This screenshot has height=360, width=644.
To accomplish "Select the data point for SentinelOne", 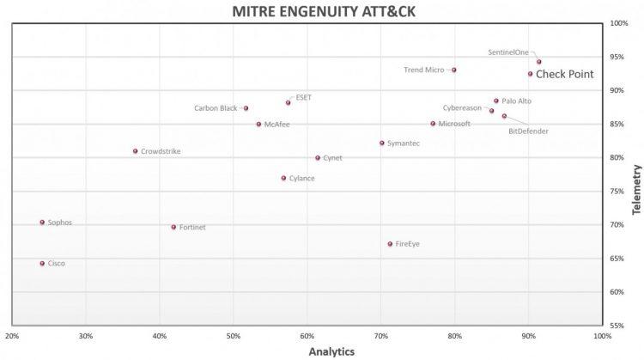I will (x=539, y=62).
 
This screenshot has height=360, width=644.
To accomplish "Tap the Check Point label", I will (x=564, y=75).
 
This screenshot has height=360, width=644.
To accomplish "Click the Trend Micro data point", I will (x=454, y=70).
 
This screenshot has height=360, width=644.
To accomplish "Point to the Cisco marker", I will (x=42, y=264).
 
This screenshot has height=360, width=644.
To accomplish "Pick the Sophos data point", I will (x=42, y=223).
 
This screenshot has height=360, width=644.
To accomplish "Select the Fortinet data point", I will (x=173, y=228).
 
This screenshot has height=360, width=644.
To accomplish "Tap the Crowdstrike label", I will (x=161, y=151).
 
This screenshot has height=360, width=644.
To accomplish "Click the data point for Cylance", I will (x=283, y=179).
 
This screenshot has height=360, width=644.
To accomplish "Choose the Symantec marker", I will (x=382, y=143).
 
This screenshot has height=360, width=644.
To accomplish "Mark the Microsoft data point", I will (x=433, y=124).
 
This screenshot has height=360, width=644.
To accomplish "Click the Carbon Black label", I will (x=216, y=108).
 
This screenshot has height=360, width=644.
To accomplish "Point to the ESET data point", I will (x=289, y=102).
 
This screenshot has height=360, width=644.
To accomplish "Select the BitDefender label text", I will (x=528, y=131).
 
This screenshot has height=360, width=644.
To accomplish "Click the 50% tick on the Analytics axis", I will (x=233, y=335).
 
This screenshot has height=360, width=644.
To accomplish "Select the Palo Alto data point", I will (x=496, y=101).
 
